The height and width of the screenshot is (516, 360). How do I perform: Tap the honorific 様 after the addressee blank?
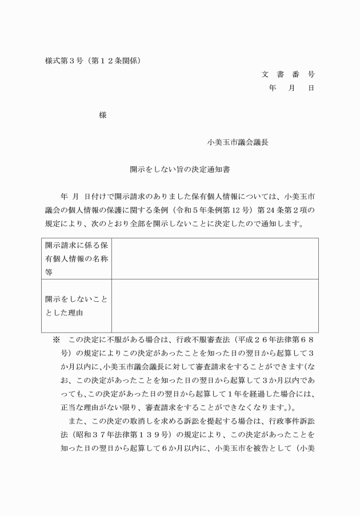coord(103,115)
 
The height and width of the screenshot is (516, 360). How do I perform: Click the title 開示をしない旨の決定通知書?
coord(179,170)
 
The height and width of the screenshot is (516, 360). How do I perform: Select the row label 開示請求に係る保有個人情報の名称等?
coord(77,258)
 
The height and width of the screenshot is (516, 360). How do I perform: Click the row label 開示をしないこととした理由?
coord(77,306)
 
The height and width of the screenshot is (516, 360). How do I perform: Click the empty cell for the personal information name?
coord(215,258)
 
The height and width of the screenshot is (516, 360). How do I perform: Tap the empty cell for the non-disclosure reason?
coord(215,306)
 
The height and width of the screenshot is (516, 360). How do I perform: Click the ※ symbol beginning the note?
coord(57,339)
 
